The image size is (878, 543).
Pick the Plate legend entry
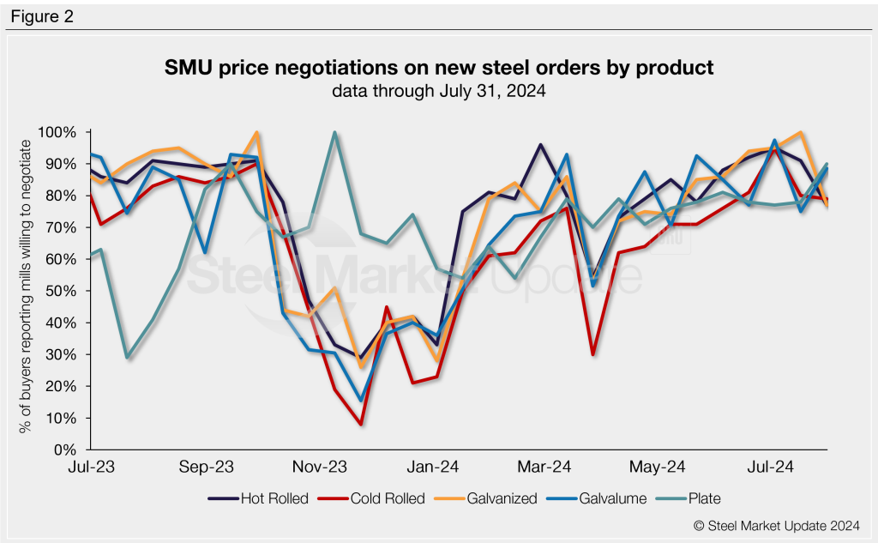(x=697, y=498)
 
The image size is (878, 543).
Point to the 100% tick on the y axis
(x=57, y=132)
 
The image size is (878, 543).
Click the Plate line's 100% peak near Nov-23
(x=334, y=133)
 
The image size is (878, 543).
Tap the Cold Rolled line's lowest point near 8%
(x=361, y=424)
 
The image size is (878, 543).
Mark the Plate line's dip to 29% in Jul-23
(x=127, y=357)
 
